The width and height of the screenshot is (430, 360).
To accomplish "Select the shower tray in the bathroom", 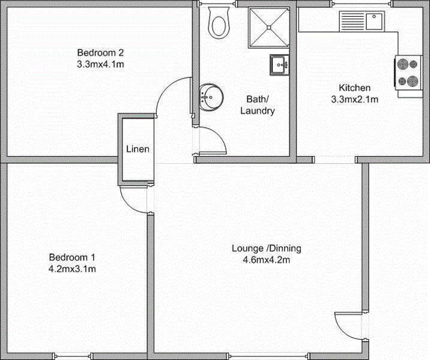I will tap(268, 26).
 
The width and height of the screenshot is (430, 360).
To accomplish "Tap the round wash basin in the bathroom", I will tap(210, 96).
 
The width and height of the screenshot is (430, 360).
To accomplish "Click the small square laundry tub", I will tap(279, 64).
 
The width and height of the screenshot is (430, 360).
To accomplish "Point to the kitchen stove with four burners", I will tap(407, 73).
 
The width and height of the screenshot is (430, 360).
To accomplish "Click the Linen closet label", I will tap(138, 149).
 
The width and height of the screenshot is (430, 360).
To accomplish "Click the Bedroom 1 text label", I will tap(72, 257).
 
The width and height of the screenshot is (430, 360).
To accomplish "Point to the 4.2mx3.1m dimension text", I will tap(72, 269).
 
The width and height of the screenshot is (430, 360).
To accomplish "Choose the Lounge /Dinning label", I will tap(266, 248).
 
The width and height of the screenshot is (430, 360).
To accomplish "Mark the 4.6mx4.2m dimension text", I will tap(266, 260).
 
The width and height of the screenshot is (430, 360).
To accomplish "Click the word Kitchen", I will tap(354, 88).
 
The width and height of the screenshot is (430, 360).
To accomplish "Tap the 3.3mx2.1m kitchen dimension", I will tap(354, 99).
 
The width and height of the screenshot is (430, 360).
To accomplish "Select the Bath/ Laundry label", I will tap(258, 105).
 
